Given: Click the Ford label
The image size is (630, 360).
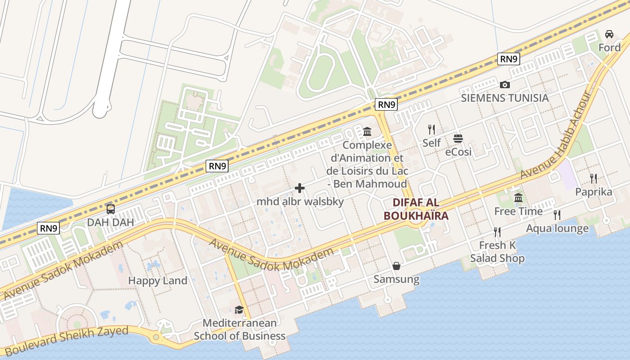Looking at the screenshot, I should coord(609,47).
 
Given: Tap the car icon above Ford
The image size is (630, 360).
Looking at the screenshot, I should coord(609,34).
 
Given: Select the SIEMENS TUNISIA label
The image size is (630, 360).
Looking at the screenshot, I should coord(504,98).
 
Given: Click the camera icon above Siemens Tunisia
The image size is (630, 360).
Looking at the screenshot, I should coord(504,85).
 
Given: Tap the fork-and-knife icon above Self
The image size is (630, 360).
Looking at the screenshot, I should coord(432,130).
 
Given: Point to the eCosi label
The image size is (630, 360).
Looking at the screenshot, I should coord(458,152).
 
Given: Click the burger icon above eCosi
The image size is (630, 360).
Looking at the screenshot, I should coord(458,138).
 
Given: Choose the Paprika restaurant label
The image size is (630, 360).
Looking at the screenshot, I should coord(594,192).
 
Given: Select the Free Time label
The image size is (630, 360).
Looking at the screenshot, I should coord(518,211).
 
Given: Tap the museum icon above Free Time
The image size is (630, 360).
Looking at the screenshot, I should coord(518,198).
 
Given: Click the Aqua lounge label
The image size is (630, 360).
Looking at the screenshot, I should coord(557,229).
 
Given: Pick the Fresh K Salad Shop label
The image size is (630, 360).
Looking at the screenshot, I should coord(497,252).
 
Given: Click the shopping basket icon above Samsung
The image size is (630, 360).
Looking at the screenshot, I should coord(396,266).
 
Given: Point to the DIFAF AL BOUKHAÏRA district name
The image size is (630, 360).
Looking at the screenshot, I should coord(416,209).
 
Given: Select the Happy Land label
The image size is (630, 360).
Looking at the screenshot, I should coord(157,280).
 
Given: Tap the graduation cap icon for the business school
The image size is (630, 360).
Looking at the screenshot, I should coord(239,310).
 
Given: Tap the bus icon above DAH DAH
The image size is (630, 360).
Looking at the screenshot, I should coord(110,209).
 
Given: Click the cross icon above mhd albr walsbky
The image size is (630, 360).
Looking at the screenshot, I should coord(300,188).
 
